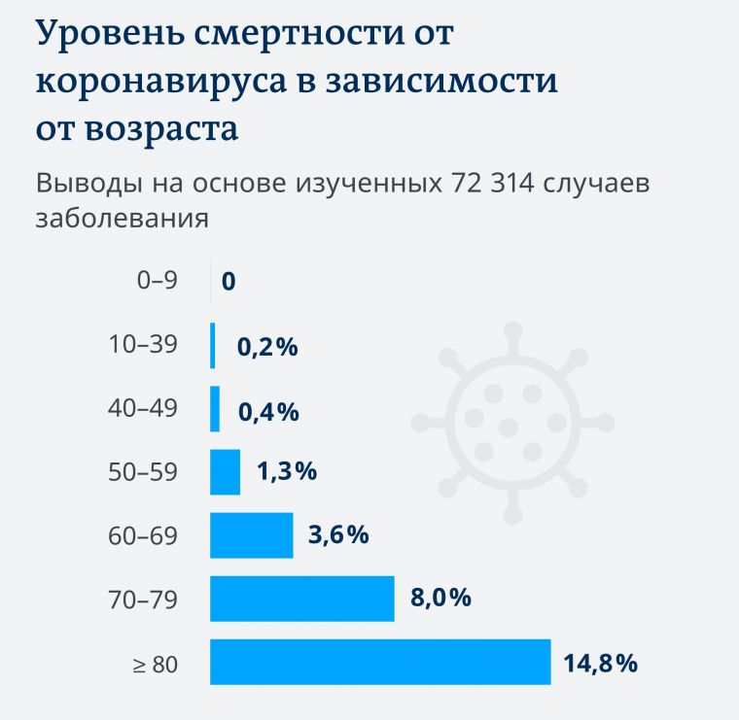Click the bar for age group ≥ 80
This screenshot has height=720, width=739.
click(380, 662)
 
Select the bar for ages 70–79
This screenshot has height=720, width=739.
click(302, 599)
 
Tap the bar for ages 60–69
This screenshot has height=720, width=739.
click(252, 535)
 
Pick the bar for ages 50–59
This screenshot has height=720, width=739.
click(226, 472)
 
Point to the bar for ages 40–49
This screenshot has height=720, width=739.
click(215, 409)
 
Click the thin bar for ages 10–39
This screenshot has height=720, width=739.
click(213, 346)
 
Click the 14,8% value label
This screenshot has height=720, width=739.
click(600, 664)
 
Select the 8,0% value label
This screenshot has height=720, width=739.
click(440, 598)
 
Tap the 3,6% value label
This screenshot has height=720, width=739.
click(338, 534)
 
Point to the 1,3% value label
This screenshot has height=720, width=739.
click(287, 472)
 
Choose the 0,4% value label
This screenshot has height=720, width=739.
click(267, 412)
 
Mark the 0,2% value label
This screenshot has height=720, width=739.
click(267, 347)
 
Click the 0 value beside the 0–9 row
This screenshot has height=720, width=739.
click(229, 283)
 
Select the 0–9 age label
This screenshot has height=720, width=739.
click(158, 281)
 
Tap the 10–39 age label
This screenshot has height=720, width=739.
click(146, 344)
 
